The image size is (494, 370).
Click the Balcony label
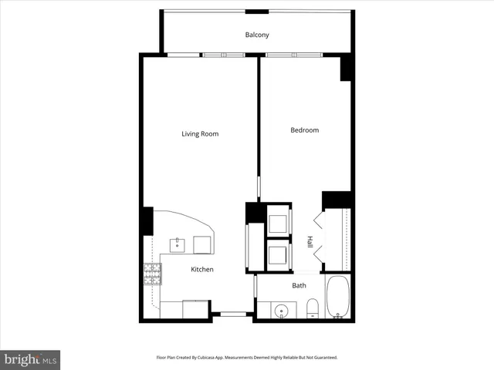click(257, 35)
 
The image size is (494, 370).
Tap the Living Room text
click(200, 134)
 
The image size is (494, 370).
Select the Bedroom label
click(304, 130)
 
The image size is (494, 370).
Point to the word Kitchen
click(202, 269)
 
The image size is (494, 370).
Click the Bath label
click(299, 285)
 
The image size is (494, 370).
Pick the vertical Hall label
click(310, 241)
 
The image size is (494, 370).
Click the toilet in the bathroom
click(311, 310)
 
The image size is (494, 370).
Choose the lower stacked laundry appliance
click(277, 254)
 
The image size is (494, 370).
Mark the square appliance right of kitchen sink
click(204, 244)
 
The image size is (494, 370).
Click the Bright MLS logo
click(30, 359)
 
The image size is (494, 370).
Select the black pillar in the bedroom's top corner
click(347, 68)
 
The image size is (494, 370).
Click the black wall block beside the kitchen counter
click(147, 221)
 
